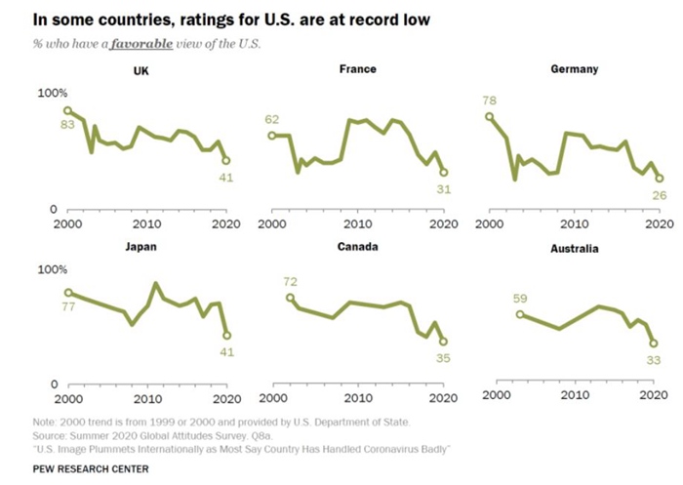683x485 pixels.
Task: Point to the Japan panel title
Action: pyautogui.click(x=141, y=247)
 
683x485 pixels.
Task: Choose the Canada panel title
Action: pyautogui.click(x=356, y=247)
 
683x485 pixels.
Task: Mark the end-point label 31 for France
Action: pyautogui.click(x=443, y=188)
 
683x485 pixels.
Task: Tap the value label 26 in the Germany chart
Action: pyautogui.click(x=659, y=195)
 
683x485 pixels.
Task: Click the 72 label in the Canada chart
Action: pyautogui.click(x=290, y=282)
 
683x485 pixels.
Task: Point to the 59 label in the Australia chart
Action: pyautogui.click(x=520, y=300)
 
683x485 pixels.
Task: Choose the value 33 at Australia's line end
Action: pyautogui.click(x=655, y=360)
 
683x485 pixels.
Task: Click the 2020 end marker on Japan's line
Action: pyautogui.click(x=226, y=335)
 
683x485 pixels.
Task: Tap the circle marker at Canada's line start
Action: pyautogui.click(x=290, y=298)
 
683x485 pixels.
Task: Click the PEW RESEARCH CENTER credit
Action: pyautogui.click(x=91, y=468)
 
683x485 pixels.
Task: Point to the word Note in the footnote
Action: pyautogui.click(x=45, y=422)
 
